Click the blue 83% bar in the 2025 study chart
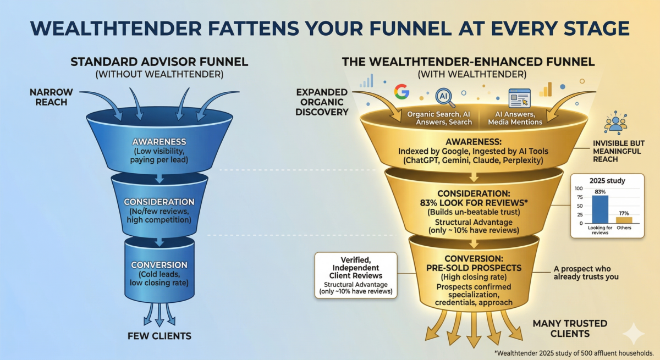point(600,209)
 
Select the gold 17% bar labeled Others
point(624,220)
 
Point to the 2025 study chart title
point(607,180)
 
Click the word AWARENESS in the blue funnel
point(159,141)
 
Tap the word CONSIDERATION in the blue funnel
point(159,202)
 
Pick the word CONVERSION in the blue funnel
point(159,265)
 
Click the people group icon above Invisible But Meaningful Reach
point(615,122)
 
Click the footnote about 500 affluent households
point(574,352)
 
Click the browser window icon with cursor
point(519,98)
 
